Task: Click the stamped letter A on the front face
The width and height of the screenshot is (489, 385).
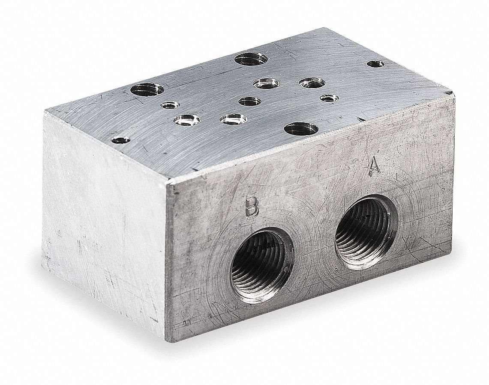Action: coord(375,166)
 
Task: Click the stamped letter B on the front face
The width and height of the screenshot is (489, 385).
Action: coord(252,207)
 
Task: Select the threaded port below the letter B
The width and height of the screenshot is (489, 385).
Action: coord(261,267)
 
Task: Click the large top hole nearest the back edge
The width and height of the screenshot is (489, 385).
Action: coord(251,59)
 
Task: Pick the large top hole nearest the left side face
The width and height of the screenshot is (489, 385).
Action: coord(147,90)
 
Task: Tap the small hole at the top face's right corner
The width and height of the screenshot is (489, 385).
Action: coord(375,64)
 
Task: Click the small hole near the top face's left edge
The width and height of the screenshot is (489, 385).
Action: coord(120,139)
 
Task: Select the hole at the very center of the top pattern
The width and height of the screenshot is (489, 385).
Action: coord(249,101)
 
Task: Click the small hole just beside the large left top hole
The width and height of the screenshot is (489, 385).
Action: coord(170,105)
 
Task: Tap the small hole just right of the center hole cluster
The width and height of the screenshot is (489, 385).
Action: coord(328,99)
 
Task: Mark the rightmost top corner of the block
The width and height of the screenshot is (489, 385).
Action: coord(452,93)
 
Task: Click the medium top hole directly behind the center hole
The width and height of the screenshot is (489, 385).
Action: coord(266,83)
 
